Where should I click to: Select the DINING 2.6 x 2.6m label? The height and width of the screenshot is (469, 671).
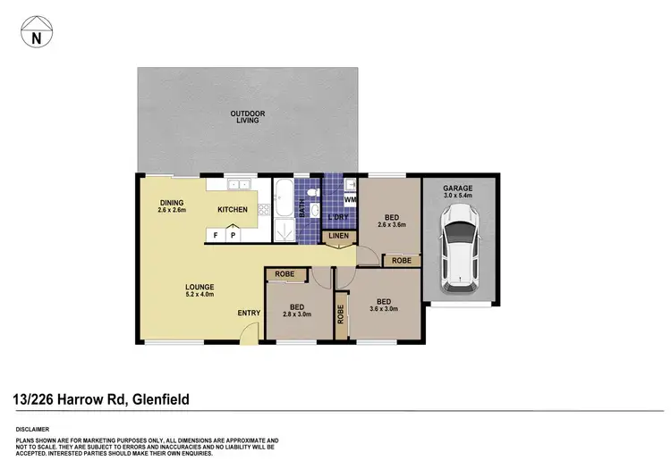172,206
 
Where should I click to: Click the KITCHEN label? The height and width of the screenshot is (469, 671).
233,210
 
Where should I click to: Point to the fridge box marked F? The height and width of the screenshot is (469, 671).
216,235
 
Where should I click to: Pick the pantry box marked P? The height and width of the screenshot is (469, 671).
233,235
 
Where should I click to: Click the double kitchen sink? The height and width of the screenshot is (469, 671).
238,185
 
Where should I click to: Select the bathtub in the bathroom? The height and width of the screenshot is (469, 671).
283,197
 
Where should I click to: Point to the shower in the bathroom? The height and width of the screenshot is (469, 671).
285,230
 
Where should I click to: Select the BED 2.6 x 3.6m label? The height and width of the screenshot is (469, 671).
392,222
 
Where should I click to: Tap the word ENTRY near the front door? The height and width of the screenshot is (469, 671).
249,313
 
